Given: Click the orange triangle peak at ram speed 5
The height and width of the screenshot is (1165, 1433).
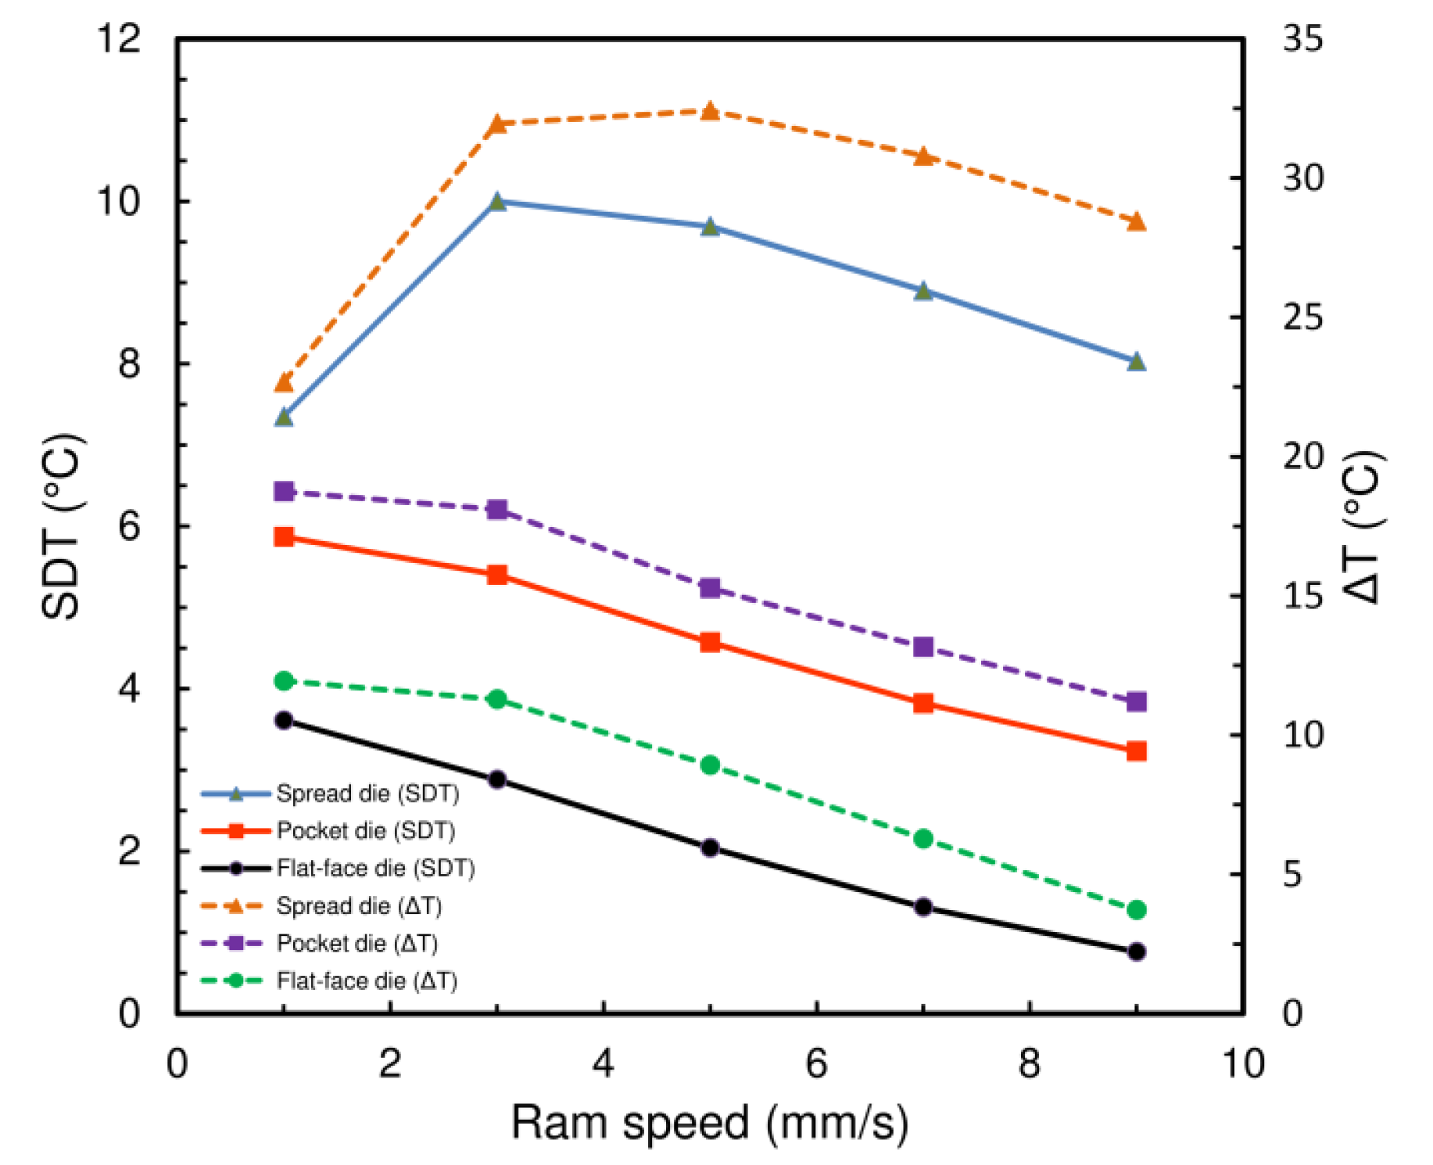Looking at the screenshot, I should [x=709, y=111].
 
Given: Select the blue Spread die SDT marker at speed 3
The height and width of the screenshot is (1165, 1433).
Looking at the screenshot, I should [x=496, y=203].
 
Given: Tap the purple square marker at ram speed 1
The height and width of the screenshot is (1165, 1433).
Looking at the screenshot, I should [x=284, y=491].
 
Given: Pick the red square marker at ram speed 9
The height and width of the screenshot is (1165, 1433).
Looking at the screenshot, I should [x=1136, y=751].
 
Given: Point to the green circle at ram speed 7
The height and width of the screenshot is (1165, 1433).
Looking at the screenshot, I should [x=923, y=838].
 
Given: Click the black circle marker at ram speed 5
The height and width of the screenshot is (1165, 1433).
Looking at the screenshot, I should [x=710, y=848].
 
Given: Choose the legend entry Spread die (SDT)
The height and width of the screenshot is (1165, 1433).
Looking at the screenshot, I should [x=367, y=794].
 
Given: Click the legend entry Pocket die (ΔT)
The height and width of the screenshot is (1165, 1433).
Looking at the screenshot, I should [x=356, y=943].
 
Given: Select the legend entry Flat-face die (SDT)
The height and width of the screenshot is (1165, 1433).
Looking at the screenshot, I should [x=375, y=868].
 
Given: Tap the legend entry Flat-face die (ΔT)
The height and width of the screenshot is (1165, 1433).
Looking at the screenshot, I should [x=367, y=980].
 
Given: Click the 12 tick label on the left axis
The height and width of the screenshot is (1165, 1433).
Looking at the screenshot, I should [x=118, y=38].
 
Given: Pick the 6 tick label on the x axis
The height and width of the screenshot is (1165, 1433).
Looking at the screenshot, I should [x=816, y=1063].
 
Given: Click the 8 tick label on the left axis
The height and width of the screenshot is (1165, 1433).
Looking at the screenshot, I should [x=129, y=364].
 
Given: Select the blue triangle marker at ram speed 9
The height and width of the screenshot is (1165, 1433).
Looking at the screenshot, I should [x=1136, y=362].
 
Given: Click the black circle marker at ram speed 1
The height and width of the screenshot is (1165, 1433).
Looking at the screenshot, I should [x=284, y=720].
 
